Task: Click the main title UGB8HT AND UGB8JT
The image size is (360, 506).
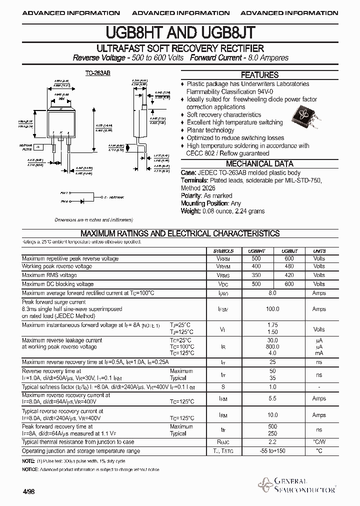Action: [180, 33]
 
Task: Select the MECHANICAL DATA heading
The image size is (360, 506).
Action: [259, 164]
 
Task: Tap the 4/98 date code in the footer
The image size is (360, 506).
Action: [28, 492]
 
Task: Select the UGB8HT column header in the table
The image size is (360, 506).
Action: [256, 251]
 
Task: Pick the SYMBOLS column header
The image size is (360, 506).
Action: [223, 251]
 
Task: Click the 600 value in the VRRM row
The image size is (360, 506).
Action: [289, 259]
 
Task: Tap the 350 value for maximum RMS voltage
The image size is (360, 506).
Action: [256, 275]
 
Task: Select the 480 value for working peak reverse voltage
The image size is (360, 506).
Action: [289, 267]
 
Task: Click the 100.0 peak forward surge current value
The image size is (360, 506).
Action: [272, 309]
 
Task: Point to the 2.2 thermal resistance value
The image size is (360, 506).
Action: [272, 442]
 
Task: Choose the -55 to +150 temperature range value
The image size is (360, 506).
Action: [272, 451]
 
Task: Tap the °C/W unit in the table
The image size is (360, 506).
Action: [319, 442]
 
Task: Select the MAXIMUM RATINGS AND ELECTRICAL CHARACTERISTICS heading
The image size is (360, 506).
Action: [180, 233]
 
